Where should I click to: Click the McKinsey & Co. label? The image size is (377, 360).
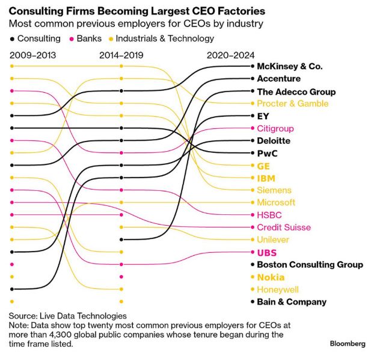click(289, 66)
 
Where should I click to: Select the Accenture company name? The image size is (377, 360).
click(278, 79)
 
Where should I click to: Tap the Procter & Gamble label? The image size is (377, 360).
click(292, 104)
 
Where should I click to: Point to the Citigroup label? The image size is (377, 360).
click(275, 128)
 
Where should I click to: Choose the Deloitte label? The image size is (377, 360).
click(274, 141)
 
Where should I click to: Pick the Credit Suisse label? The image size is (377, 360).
click(284, 227)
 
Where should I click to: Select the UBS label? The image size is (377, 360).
click(266, 253)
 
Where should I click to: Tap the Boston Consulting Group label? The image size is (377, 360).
click(310, 265)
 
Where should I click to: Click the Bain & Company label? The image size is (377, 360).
click(292, 302)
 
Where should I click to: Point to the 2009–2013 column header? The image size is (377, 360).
click(35, 55)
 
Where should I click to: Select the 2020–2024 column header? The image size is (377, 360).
click(230, 55)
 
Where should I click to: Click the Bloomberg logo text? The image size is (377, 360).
click(348, 344)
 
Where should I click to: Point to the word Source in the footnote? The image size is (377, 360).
click(23, 316)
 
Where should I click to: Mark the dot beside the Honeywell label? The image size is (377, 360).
click(253, 290)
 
